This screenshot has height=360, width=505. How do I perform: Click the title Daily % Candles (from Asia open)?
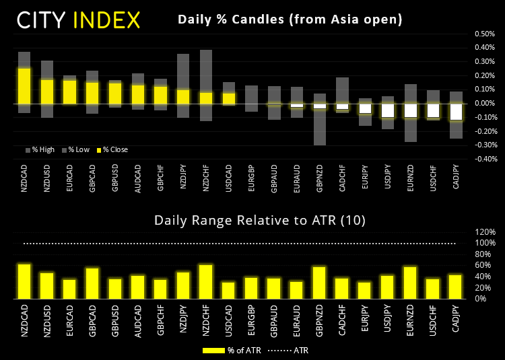tap(290, 20)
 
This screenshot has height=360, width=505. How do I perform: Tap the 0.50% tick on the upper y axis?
tap(484, 34)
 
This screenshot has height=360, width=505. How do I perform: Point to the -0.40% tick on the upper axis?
tap(483, 159)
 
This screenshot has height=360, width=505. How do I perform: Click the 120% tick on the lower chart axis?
tap(485, 231)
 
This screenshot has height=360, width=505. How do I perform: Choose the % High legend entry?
tap(40, 149)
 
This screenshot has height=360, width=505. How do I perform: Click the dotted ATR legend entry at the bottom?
tap(288, 350)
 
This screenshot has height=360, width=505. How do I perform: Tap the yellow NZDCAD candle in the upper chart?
tap(24, 85)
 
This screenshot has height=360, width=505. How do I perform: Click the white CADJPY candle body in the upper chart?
tap(456, 112)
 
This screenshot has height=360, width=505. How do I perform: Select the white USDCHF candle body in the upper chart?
tap(433, 110)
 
